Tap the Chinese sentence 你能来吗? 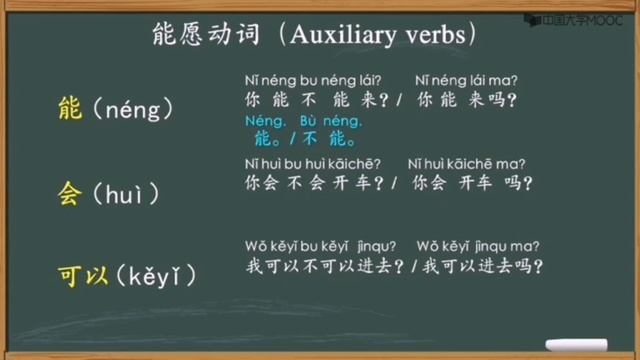(467, 100)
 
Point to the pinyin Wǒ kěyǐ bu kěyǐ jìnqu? (320, 245)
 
